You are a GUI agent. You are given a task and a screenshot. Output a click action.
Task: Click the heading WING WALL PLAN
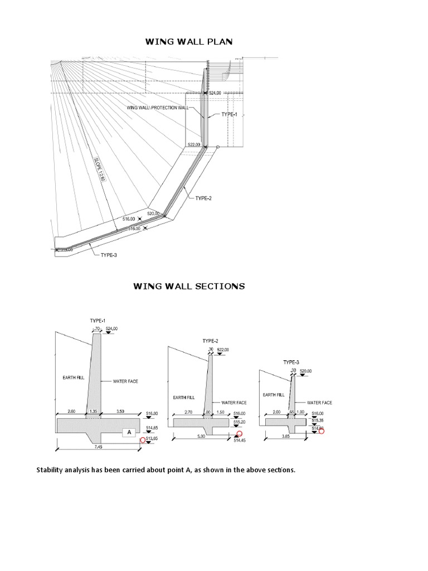(188, 41)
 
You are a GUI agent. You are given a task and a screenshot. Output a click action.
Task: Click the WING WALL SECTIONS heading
(188, 286)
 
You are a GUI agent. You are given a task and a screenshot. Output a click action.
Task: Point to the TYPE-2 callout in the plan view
(203, 198)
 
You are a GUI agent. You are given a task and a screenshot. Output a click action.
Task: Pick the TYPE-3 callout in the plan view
(109, 255)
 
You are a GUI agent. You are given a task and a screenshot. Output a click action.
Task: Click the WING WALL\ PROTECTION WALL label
(158, 107)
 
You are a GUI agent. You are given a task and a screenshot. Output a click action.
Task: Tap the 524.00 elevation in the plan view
(216, 93)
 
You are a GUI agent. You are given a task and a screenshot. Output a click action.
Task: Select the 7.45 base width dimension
(99, 447)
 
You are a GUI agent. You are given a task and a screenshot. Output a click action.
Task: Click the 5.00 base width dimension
(202, 437)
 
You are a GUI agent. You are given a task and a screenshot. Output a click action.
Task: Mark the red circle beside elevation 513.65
(143, 440)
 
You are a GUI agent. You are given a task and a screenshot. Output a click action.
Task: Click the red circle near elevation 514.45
(240, 434)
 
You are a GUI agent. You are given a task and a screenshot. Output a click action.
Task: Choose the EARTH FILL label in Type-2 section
(183, 398)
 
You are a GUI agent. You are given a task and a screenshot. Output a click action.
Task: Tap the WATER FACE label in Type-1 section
(125, 381)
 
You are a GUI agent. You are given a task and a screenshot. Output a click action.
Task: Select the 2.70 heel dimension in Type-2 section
(188, 413)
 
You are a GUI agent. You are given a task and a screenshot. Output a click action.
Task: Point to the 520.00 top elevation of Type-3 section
(306, 371)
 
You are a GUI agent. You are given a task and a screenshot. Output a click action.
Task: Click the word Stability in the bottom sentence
(51, 470)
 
